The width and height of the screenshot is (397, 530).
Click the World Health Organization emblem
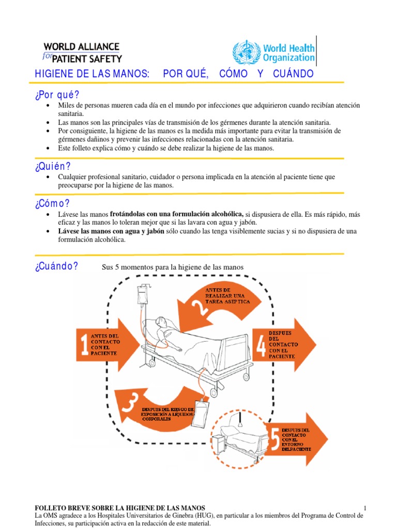(243, 52)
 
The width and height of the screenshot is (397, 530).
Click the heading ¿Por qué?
(57, 95)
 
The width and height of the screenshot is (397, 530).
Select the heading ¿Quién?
(52, 166)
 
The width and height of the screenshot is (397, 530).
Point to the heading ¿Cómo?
(52, 203)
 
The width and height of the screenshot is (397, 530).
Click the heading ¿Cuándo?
(56, 267)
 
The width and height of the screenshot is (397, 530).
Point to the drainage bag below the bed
(202, 415)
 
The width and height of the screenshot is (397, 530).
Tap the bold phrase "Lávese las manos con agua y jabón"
(111, 231)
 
